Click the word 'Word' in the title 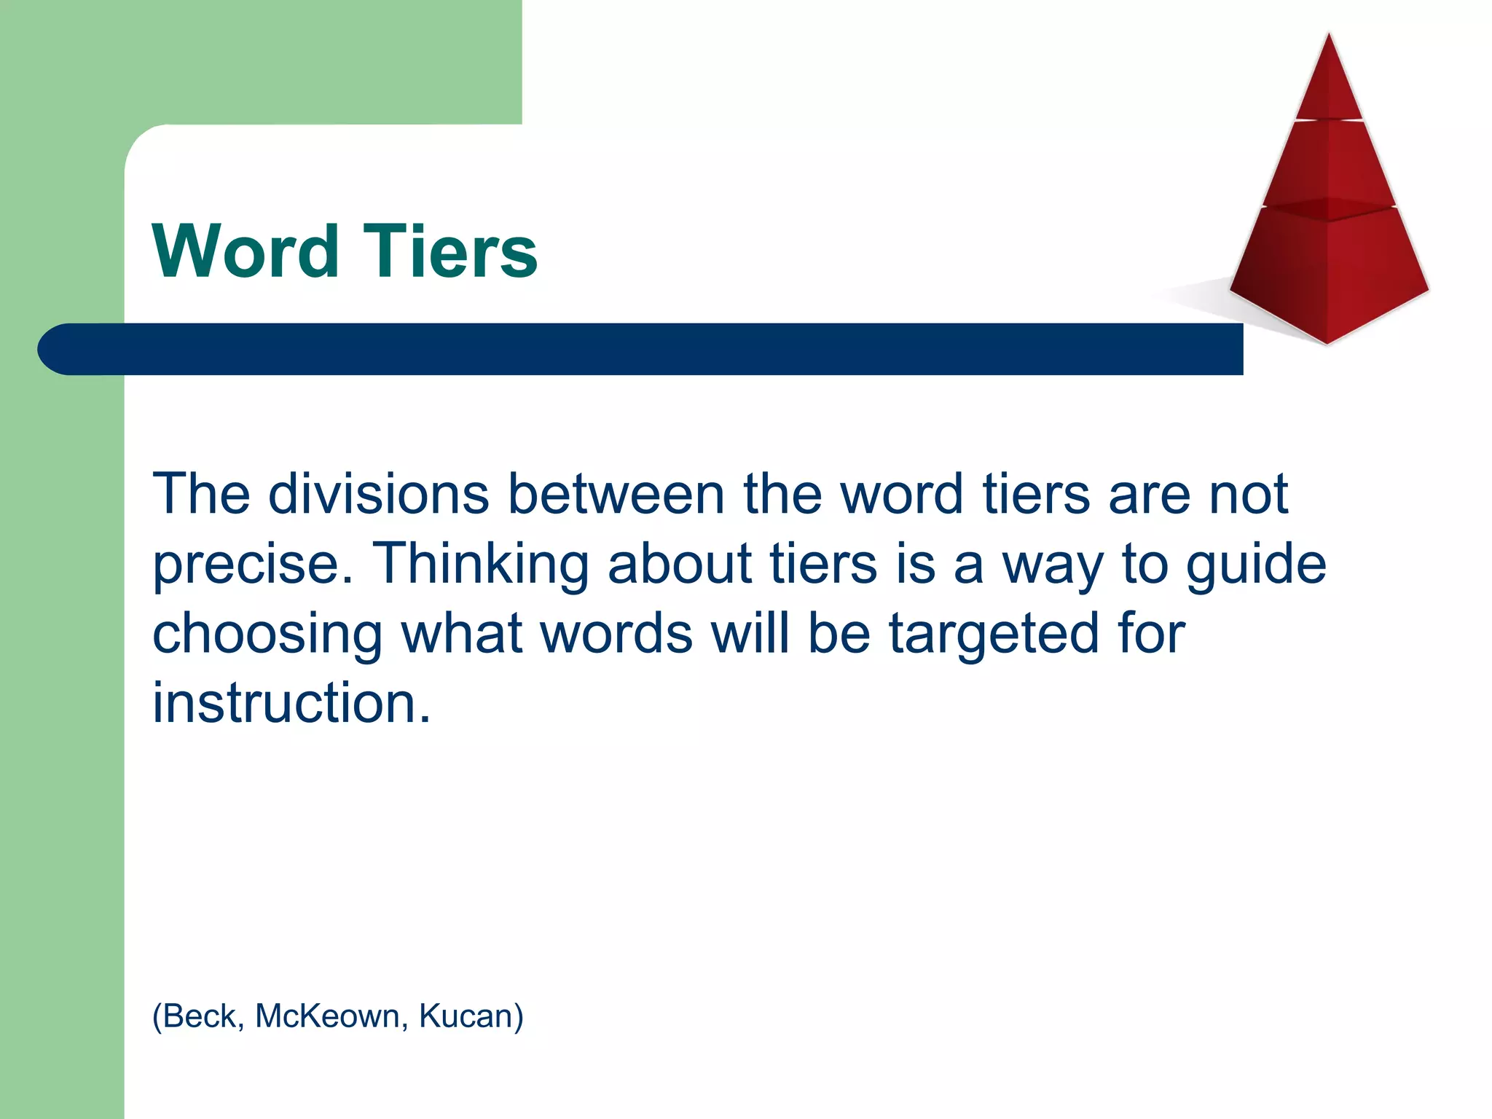[x=246, y=251]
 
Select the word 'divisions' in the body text [x=379, y=494]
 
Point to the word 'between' [x=616, y=494]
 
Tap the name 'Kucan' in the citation [x=466, y=1016]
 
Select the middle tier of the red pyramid [x=1330, y=164]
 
